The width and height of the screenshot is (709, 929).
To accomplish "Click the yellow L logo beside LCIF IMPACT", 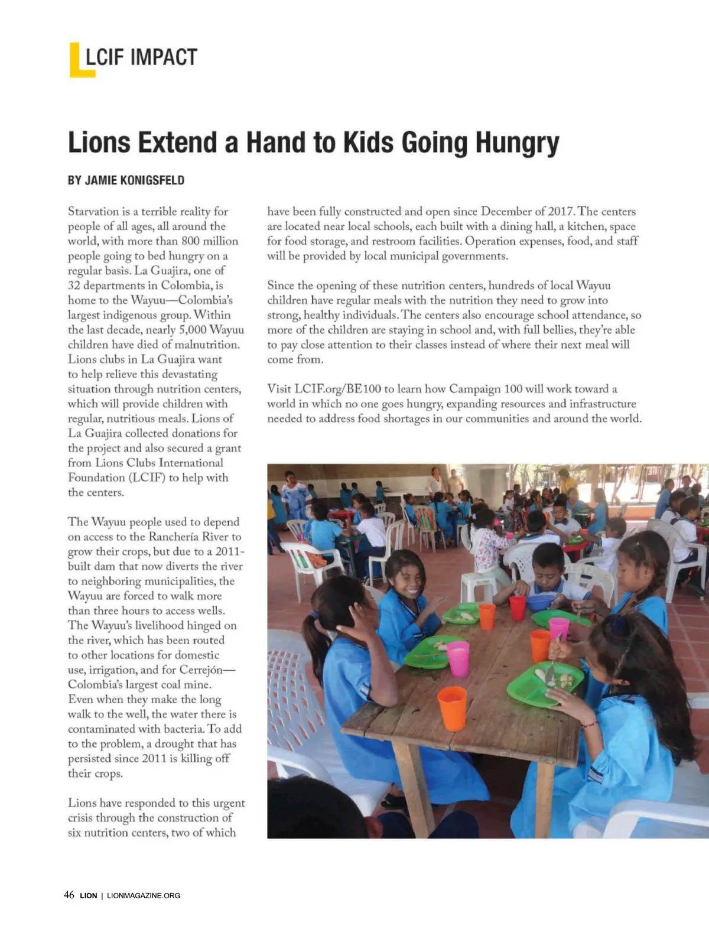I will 81,60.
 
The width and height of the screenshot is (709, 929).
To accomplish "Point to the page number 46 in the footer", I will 69,895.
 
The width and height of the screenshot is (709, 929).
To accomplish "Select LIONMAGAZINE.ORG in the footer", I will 144,895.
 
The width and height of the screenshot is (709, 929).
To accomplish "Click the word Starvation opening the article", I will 93,212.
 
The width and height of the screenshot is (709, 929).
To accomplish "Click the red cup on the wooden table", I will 517,607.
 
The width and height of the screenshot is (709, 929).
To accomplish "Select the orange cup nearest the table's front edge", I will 452,707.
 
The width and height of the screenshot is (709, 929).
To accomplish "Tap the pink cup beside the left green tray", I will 458,658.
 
